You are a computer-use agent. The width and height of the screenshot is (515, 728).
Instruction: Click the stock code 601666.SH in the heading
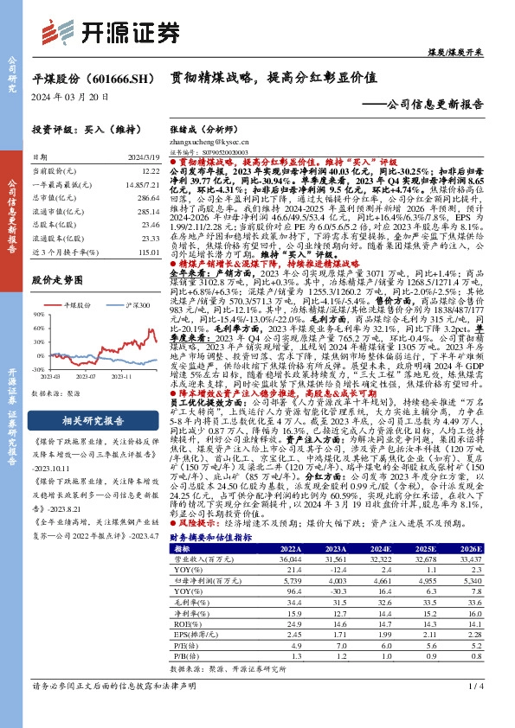[119, 78]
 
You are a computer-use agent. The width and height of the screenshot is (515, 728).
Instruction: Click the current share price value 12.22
[150, 173]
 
